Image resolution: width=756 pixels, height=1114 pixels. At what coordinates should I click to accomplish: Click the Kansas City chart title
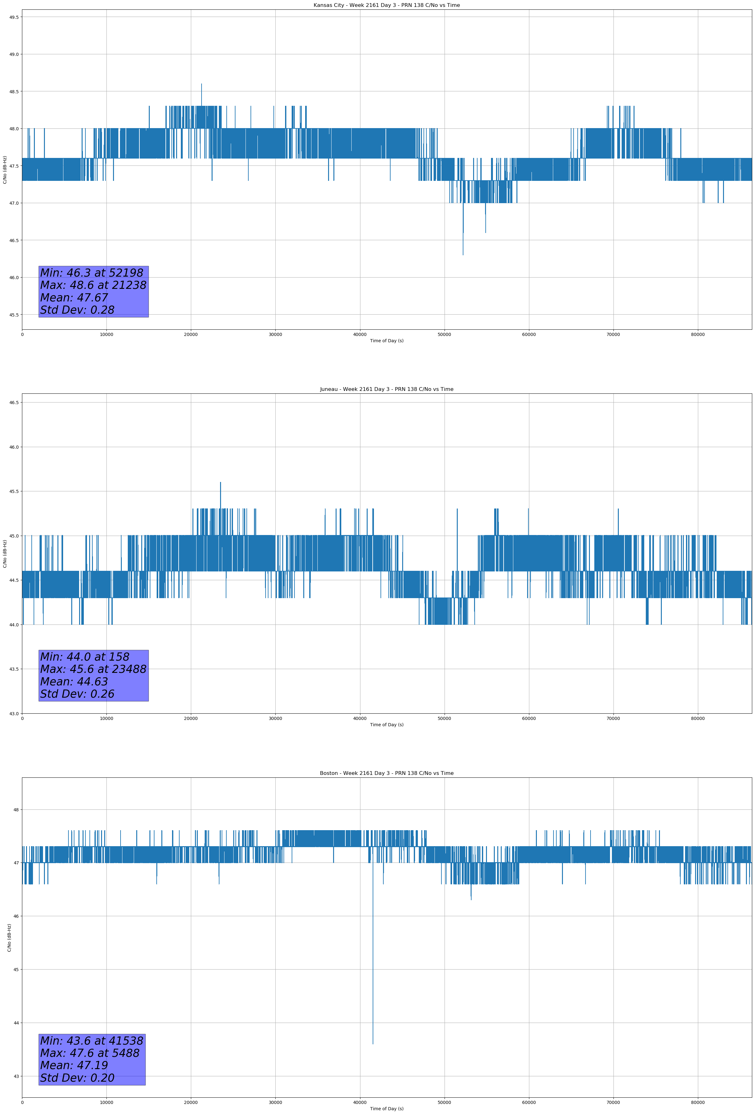[x=386, y=5]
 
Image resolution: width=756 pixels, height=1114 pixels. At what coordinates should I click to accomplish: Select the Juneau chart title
[x=386, y=389]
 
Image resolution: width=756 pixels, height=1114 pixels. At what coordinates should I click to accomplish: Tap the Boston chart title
[x=386, y=773]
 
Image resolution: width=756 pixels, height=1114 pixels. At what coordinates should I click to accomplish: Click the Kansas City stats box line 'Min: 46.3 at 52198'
[x=92, y=273]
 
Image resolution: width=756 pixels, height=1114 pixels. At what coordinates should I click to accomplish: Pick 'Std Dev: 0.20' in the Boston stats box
[x=77, y=1078]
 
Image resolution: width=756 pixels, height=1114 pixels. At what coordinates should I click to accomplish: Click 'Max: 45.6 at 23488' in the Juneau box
[x=93, y=669]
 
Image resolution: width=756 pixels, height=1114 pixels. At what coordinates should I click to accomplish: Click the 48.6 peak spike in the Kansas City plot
[x=201, y=85]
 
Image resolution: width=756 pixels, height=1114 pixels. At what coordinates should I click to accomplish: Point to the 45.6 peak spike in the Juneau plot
[x=220, y=483]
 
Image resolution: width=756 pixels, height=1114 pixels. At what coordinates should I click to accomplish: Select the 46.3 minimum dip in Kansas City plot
[x=463, y=254]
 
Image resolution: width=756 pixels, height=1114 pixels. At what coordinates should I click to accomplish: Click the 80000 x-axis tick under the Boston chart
[x=698, y=1102]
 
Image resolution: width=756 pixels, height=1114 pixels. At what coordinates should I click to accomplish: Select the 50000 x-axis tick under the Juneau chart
[x=444, y=718]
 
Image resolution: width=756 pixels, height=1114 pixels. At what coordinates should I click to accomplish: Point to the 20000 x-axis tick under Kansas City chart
[x=191, y=335]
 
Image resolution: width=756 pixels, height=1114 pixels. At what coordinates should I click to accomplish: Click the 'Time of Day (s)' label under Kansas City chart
[x=386, y=341]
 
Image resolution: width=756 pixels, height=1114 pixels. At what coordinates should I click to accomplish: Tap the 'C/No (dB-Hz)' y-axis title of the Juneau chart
[x=5, y=554]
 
